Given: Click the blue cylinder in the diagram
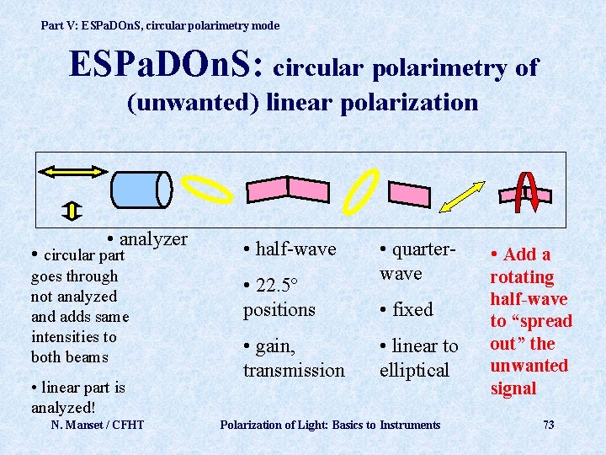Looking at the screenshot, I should pyautogui.click(x=141, y=190).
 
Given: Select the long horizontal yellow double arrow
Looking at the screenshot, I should pyautogui.click(x=72, y=172).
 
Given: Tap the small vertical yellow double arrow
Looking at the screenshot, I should pyautogui.click(x=73, y=210).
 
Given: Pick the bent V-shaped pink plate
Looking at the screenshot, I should pyautogui.click(x=287, y=189).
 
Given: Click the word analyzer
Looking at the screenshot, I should pyautogui.click(x=154, y=238).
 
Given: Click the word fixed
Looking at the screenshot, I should pyautogui.click(x=412, y=309).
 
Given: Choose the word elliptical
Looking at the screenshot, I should pyautogui.click(x=414, y=370).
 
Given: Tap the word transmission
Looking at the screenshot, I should pyautogui.click(x=294, y=370).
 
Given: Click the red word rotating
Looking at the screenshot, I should pyautogui.click(x=522, y=276).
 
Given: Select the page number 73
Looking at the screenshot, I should pyautogui.click(x=548, y=425).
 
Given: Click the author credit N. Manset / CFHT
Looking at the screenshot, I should pyautogui.click(x=98, y=425).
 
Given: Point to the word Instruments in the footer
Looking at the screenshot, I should pyautogui.click(x=410, y=425).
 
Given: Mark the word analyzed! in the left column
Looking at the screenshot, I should pyautogui.click(x=64, y=408).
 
